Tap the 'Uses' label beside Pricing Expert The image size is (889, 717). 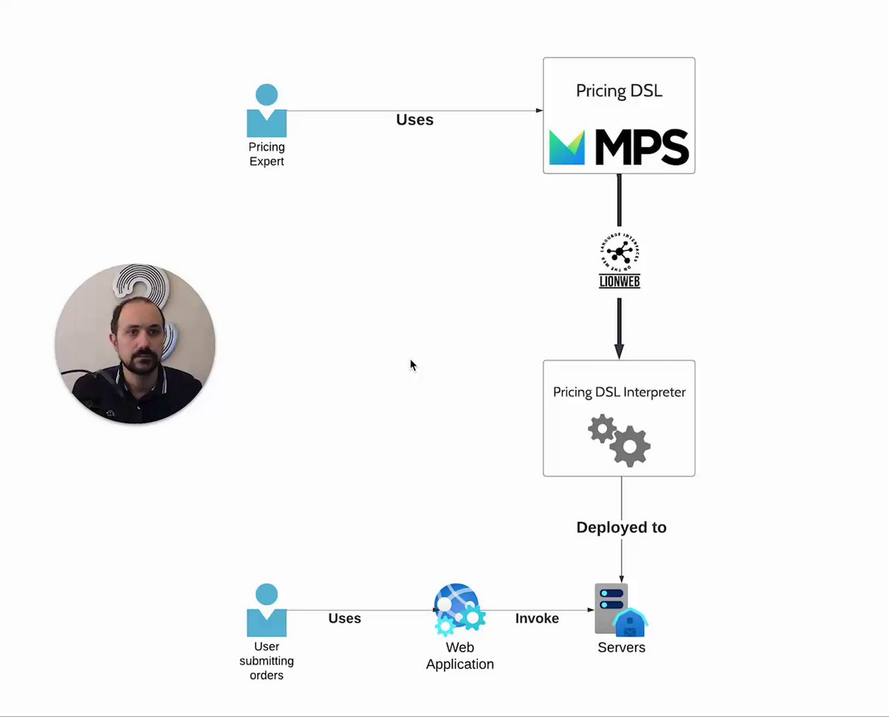point(415,119)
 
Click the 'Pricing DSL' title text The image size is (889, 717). point(619,91)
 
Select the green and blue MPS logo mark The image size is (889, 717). point(567,147)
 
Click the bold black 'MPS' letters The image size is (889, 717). point(642,147)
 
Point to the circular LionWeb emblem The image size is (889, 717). point(620,252)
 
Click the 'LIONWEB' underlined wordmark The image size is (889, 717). point(620,281)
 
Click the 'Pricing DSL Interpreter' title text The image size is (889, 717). point(619,392)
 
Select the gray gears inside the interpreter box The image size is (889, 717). point(620,440)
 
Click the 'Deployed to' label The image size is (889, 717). point(621,527)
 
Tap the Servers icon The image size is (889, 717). point(620,609)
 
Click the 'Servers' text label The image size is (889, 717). point(621,648)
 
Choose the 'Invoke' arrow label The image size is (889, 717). point(537,618)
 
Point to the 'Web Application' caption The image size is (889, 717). point(460,656)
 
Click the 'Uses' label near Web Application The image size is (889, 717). point(344,618)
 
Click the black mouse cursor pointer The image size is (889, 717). point(413,365)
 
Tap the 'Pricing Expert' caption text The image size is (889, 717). point(267,154)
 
